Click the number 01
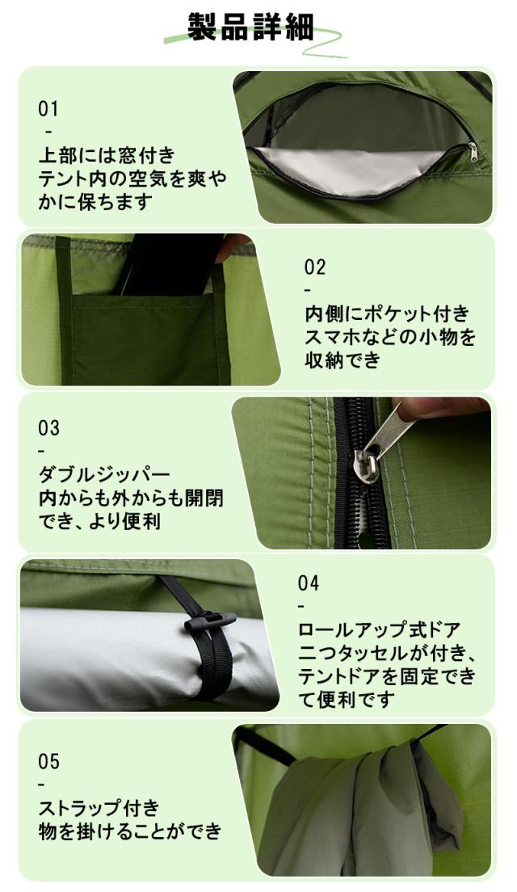pos(48,109)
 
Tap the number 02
pos(315,267)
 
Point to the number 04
pos(309,583)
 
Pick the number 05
pos(48,762)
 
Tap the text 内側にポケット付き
pos(386,313)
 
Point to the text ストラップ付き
pos(99,807)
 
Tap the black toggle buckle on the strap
pos(209,623)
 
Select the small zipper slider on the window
pos(473,151)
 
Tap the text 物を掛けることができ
pos(129,830)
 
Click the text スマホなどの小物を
pos(389,337)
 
